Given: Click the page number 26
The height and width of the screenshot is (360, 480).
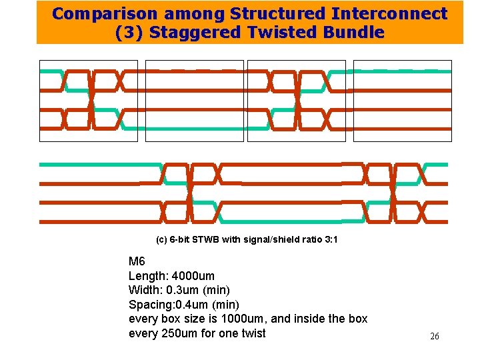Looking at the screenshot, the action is [434, 337].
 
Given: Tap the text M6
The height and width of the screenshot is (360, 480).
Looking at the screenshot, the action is [136, 261].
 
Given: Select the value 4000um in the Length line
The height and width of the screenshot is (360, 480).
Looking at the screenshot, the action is [193, 276].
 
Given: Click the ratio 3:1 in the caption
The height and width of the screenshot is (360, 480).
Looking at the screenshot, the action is [329, 239].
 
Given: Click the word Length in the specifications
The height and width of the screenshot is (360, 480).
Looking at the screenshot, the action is [147, 276].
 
